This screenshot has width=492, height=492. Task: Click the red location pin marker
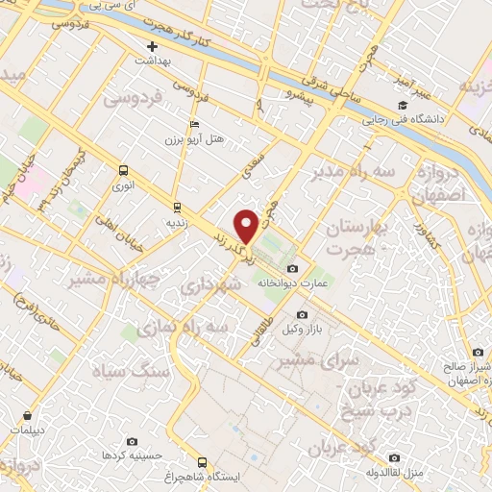click(247, 226)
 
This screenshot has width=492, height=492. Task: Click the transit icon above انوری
click(122, 170)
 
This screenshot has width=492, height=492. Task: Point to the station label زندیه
click(177, 221)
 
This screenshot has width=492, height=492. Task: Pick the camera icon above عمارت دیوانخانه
click(292, 269)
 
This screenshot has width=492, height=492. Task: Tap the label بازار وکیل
click(302, 330)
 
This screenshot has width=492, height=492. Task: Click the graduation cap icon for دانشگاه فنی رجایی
click(401, 105)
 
